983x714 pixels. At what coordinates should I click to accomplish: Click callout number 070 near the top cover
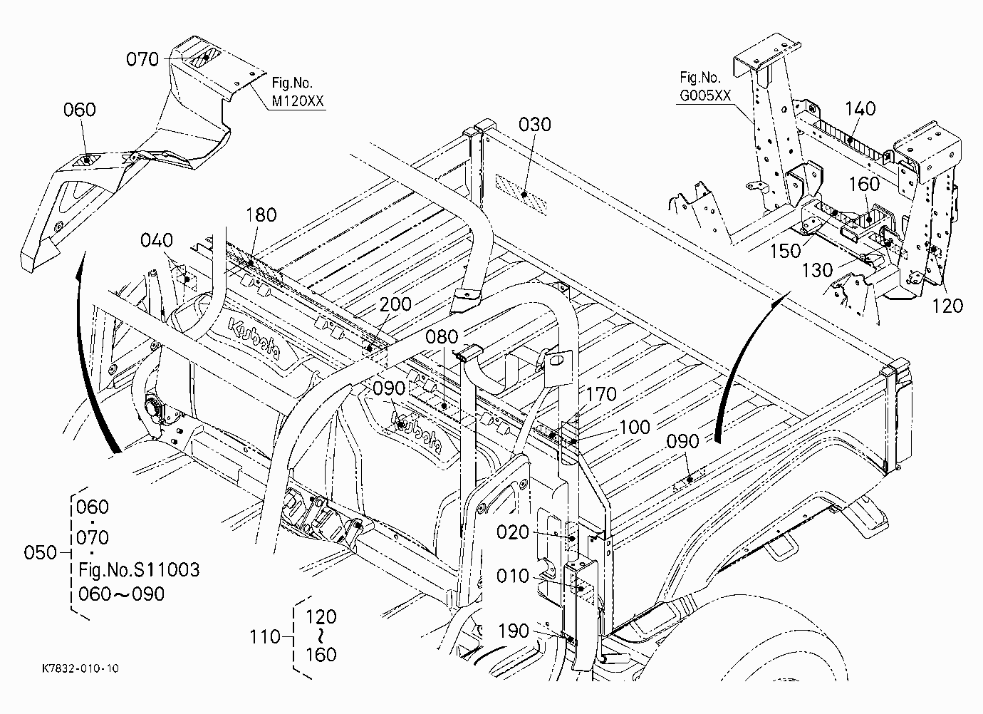pos(142,59)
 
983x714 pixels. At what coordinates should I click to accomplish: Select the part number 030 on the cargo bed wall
pos(534,125)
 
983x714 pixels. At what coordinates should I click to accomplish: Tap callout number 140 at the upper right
pos(860,108)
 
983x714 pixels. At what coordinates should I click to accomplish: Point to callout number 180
pos(261,214)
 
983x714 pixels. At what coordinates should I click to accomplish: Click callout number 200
pos(395,304)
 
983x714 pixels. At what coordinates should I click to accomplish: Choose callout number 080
pos(442,337)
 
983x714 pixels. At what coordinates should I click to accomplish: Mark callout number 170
pos(601,394)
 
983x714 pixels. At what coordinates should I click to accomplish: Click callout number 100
pos(635,428)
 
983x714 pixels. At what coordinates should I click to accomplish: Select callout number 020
pos(513,532)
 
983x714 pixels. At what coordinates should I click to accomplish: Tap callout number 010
pos(513,576)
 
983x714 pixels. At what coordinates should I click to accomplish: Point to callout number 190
pos(514,631)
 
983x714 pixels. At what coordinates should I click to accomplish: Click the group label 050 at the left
pos(41,553)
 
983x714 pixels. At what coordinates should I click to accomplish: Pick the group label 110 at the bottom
pos(265,637)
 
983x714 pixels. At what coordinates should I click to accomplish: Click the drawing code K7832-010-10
pos(80,669)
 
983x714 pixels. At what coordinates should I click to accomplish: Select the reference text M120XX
pos(298,101)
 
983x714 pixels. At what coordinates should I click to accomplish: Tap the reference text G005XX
pos(705,95)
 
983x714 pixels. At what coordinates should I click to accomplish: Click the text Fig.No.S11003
pos(139,570)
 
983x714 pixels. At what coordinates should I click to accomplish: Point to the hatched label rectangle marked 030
pos(521,195)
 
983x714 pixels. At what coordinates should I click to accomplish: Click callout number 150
pos(786,251)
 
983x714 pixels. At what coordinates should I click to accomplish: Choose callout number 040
pos(157,240)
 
